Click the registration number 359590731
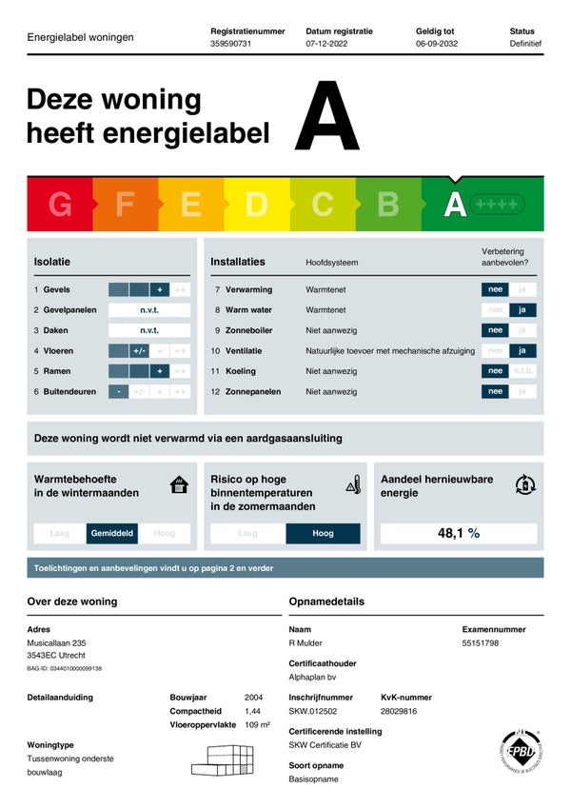(x=230, y=44)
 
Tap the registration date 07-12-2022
(x=327, y=44)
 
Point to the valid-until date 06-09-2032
(x=437, y=44)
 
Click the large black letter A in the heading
(x=327, y=118)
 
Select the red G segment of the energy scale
(x=60, y=204)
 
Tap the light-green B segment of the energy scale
(x=388, y=204)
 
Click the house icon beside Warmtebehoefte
(x=179, y=485)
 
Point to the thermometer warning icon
(x=354, y=484)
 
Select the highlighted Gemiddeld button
(x=112, y=534)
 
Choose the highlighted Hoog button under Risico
(x=324, y=534)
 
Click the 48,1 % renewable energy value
(x=458, y=534)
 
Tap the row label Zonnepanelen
(x=253, y=391)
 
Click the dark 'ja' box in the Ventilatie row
(x=522, y=350)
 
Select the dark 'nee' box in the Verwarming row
(x=495, y=289)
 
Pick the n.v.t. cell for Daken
(x=149, y=330)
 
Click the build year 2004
(x=253, y=698)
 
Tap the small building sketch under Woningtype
(x=223, y=759)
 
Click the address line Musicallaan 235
(x=56, y=643)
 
